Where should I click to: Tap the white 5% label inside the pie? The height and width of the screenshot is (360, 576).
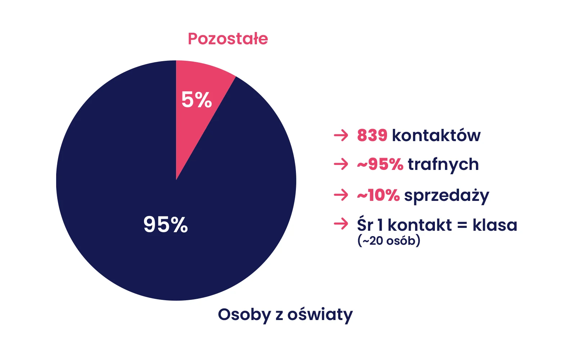click(197, 100)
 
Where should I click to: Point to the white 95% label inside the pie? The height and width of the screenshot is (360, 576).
click(166, 225)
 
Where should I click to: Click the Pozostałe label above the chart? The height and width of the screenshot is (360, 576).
click(228, 39)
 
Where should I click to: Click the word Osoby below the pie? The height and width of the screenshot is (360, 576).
click(244, 315)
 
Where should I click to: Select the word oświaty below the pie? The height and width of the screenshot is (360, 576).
click(320, 315)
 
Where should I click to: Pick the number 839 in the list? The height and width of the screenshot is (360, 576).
click(372, 135)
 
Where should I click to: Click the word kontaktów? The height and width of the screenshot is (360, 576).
click(436, 135)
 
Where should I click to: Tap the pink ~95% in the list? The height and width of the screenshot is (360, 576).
click(380, 164)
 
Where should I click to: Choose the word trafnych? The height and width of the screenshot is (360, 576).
click(443, 165)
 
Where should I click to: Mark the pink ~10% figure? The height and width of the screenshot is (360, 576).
click(378, 195)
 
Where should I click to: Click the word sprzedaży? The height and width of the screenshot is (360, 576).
click(447, 196)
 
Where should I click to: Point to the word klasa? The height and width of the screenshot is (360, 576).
click(495, 225)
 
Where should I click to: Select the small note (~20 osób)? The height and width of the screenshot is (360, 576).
click(389, 241)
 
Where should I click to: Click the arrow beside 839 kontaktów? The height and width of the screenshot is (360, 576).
click(341, 135)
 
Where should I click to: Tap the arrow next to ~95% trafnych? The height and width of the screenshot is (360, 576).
click(341, 164)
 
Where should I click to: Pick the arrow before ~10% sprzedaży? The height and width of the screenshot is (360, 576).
click(341, 195)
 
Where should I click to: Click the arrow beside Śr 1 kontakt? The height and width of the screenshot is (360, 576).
click(341, 224)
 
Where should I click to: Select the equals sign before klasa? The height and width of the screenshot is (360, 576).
click(462, 225)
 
